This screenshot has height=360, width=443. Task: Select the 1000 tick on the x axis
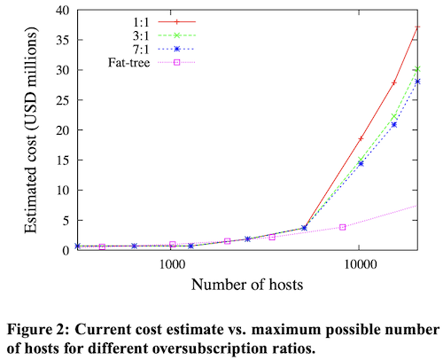point(171,265)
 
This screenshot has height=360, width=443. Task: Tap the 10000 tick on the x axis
point(360,265)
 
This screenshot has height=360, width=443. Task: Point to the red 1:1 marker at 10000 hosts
point(361,139)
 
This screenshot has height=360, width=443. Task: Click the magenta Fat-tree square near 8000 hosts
point(342,227)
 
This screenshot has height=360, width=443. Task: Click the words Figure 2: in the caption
point(34,331)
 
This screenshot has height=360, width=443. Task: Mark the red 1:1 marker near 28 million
point(394,82)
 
